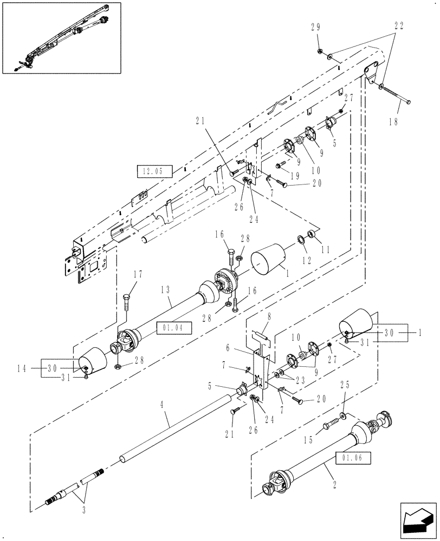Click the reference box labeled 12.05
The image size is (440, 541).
point(154,173)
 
